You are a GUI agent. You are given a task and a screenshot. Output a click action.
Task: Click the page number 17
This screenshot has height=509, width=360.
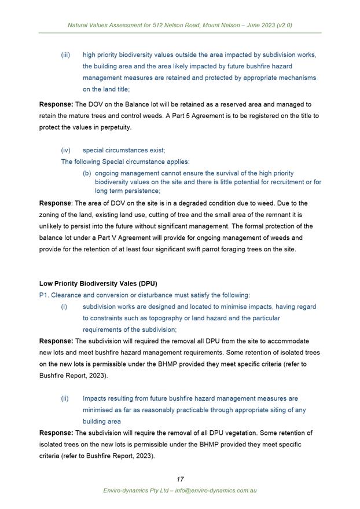[x=180, y=479]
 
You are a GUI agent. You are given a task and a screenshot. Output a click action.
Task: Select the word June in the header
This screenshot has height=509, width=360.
[x=238, y=25]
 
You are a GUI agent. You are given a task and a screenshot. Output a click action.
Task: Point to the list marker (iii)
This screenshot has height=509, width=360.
[x=66, y=55]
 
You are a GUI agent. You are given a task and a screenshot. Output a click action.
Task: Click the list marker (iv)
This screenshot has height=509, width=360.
[x=66, y=150]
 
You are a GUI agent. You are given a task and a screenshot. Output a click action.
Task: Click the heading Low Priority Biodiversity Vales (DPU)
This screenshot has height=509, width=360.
[x=98, y=283]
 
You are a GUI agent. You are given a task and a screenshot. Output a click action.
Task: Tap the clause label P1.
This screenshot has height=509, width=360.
[x=44, y=295]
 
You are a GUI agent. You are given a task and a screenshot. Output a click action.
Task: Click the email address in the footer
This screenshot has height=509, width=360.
[x=216, y=490]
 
